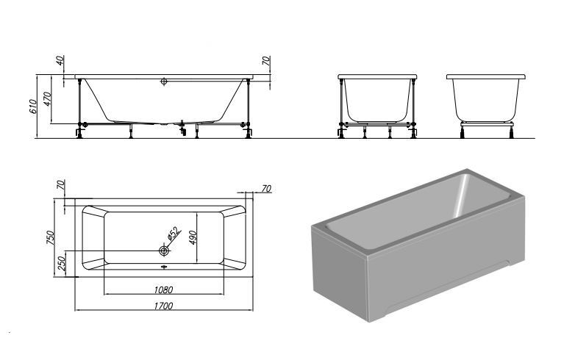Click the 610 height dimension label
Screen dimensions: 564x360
33,107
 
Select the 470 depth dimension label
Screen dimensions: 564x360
48,98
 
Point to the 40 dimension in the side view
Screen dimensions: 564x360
60,60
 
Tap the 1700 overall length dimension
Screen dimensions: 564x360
164,306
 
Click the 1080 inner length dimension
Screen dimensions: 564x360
164,289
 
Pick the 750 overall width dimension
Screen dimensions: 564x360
51,237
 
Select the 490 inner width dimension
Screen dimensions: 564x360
193,237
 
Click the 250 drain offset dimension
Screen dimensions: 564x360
62,263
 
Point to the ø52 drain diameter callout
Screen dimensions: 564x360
174,234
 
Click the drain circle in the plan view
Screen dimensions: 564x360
164,251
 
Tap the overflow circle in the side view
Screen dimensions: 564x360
164,82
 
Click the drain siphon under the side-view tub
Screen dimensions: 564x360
182,129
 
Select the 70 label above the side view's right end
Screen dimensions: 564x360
266,60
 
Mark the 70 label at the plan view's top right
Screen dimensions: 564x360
266,189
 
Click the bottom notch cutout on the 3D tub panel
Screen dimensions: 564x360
447,288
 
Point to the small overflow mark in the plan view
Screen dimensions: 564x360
164,267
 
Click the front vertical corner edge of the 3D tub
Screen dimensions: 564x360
367,289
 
